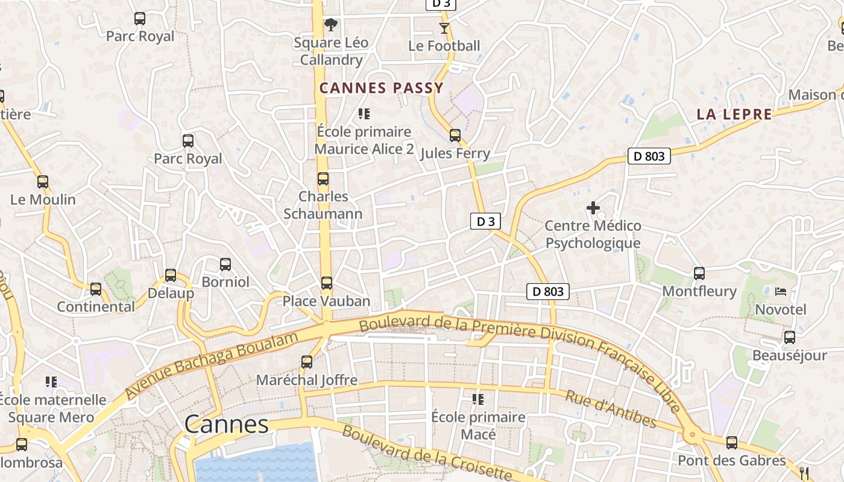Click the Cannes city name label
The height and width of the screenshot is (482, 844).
(227, 424)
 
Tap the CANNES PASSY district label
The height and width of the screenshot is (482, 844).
(381, 88)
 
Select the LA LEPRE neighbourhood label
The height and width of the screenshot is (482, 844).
(734, 114)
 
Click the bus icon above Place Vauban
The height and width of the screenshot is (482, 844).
(327, 283)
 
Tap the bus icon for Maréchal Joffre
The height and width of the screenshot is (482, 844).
(307, 361)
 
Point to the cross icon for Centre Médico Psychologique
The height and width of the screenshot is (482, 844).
(593, 208)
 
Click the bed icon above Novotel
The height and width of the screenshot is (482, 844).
(781, 292)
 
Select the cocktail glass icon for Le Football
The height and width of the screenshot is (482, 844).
(444, 28)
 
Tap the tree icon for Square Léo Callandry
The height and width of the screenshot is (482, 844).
(330, 25)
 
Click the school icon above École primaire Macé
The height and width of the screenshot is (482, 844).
(478, 399)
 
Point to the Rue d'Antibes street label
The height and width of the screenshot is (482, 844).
(610, 408)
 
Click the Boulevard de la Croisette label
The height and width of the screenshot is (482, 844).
(427, 452)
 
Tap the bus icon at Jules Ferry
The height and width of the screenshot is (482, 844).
(455, 135)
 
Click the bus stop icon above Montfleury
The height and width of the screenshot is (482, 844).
(699, 273)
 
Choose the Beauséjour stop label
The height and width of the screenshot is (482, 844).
(789, 355)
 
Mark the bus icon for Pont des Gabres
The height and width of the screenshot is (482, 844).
(732, 443)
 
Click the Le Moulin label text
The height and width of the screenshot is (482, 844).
(43, 199)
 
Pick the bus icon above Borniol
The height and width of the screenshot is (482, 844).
(225, 264)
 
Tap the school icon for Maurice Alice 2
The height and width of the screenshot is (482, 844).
(364, 113)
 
